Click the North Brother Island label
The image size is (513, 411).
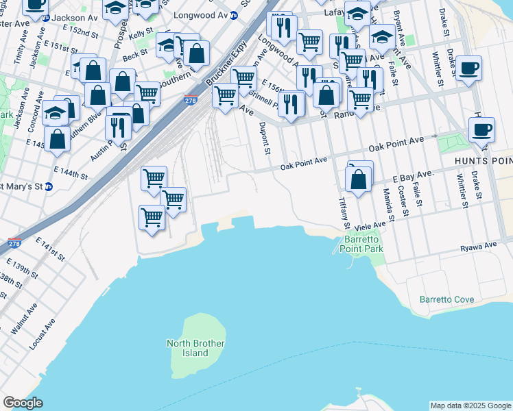pyautogui.click(x=186, y=348)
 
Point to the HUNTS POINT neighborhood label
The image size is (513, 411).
pyautogui.click(x=484, y=160)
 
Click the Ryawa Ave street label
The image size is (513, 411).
pyautogui.click(x=479, y=245)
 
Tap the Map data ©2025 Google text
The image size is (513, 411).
pyautogui.click(x=470, y=406)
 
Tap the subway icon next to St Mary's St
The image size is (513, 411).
pyautogui.click(x=47, y=186)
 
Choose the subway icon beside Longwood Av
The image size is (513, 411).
pyautogui.click(x=234, y=14)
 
